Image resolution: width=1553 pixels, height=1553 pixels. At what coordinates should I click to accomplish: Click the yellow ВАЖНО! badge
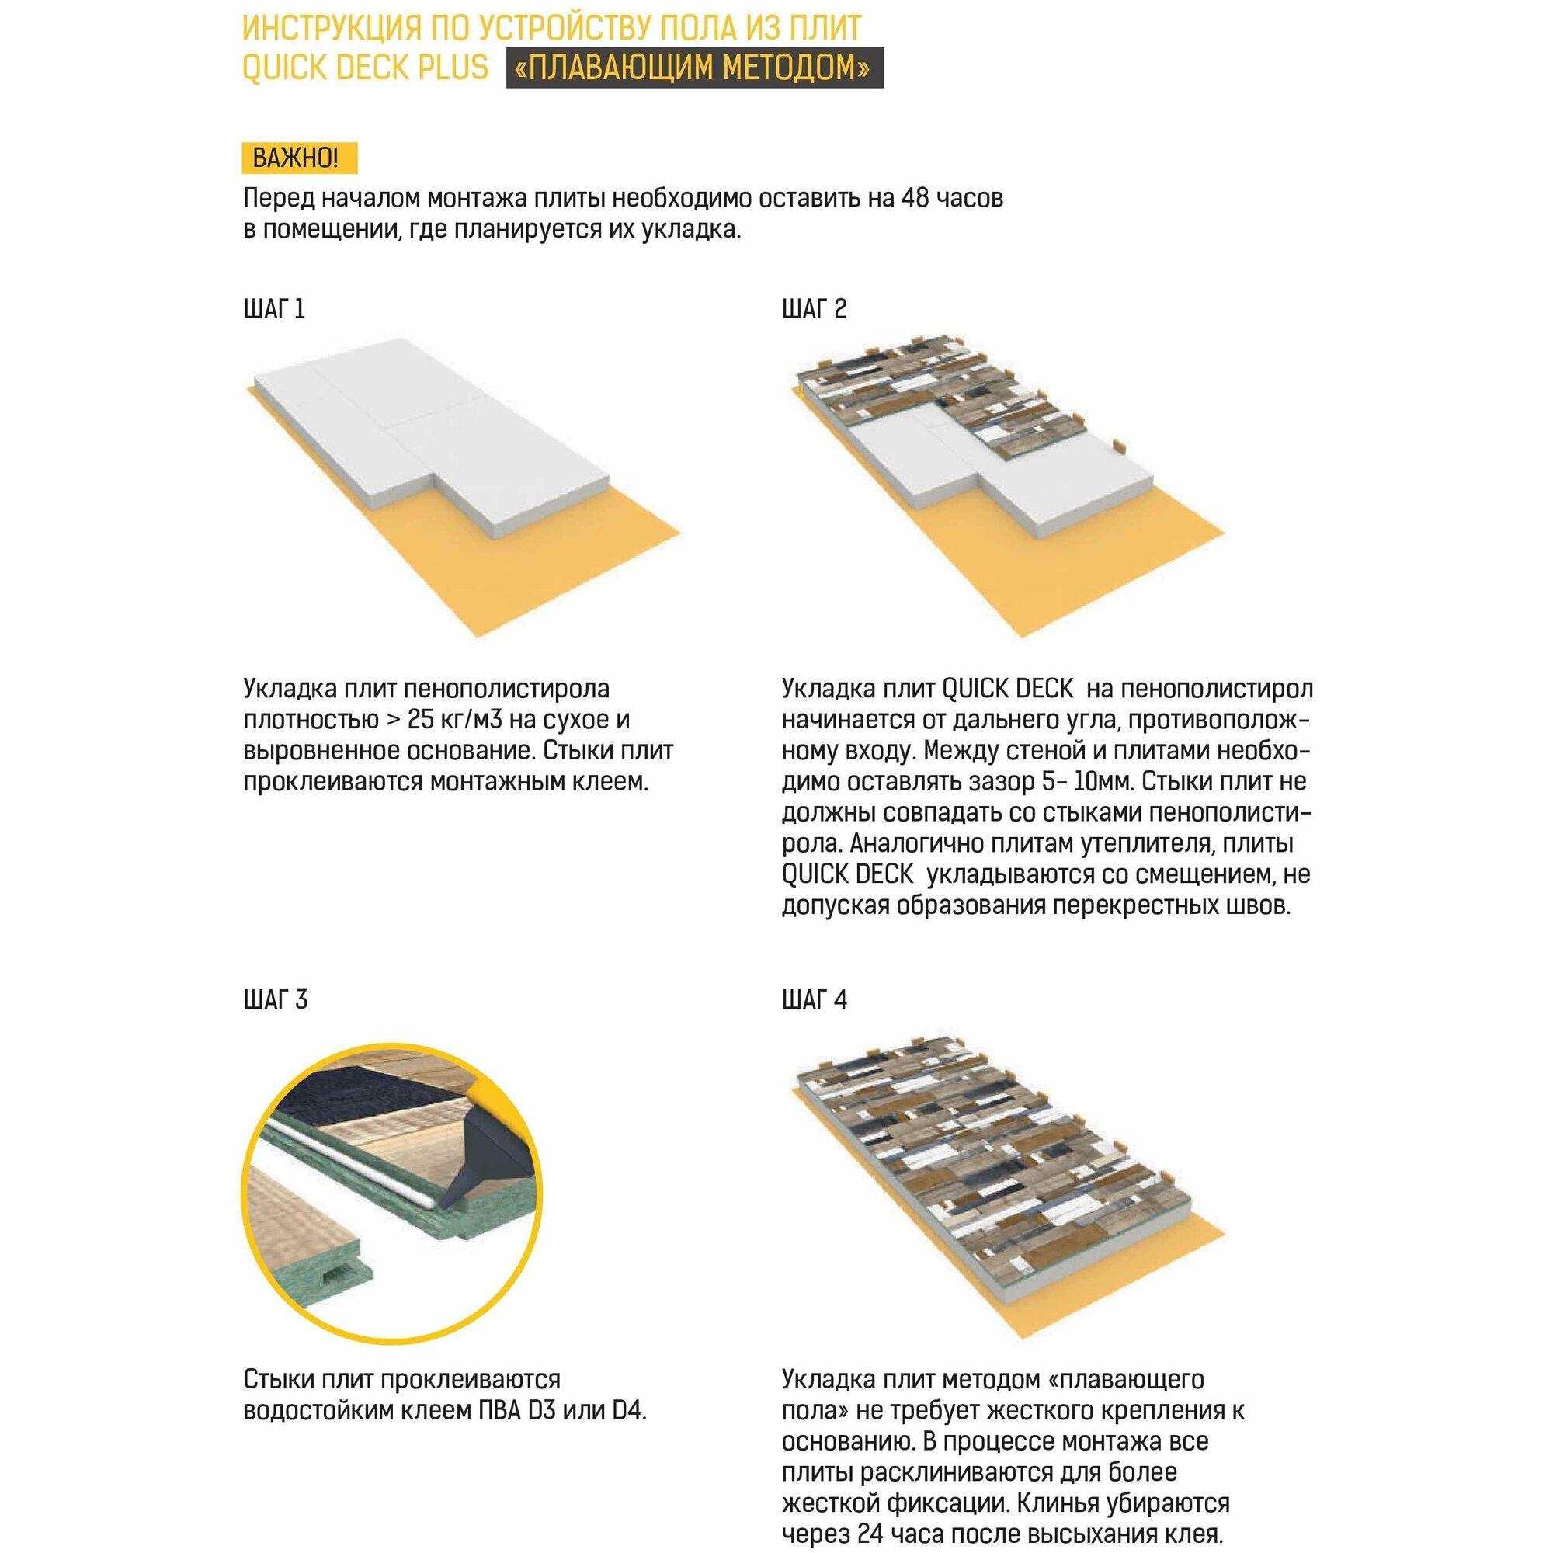click(299, 158)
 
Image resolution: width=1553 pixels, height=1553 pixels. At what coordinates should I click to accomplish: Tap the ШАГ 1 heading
click(274, 309)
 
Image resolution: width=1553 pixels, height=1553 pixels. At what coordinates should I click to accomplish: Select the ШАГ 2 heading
click(815, 309)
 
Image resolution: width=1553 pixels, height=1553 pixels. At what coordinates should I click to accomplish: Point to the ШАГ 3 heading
click(275, 1000)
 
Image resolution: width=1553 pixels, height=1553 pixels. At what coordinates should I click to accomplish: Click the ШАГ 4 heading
click(815, 1000)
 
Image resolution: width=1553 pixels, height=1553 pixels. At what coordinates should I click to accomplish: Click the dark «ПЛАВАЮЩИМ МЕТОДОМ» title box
click(694, 68)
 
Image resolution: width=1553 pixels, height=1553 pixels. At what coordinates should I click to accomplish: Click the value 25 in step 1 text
click(422, 720)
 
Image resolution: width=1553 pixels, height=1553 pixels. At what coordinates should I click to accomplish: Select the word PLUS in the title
click(453, 68)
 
